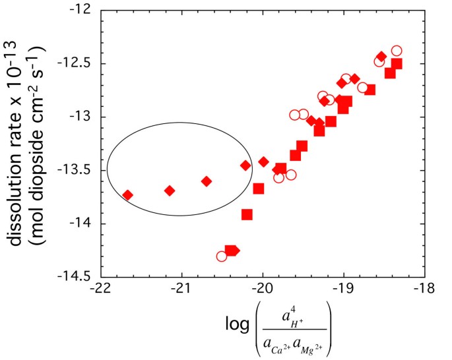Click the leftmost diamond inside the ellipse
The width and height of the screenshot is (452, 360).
click(x=128, y=195)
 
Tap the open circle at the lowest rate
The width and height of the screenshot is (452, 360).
click(x=222, y=256)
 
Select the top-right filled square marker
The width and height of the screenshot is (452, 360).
click(x=397, y=64)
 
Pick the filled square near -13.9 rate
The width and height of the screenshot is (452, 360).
click(x=247, y=214)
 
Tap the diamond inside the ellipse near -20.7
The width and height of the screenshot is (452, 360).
click(x=207, y=181)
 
